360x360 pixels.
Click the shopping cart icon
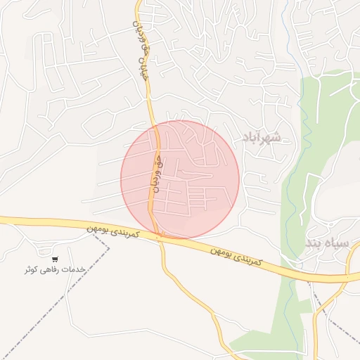pyautogui.click(x=55, y=259)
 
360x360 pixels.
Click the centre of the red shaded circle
pyautogui.click(x=180, y=179)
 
